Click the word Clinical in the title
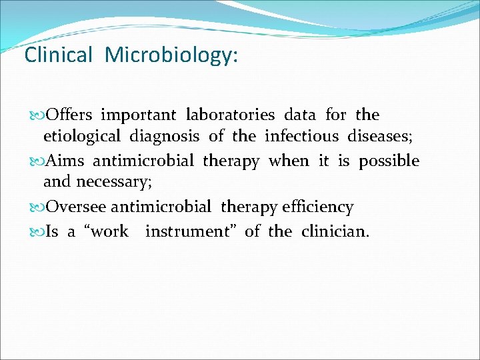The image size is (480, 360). pyautogui.click(x=58, y=55)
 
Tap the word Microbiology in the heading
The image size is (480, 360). pyautogui.click(x=171, y=55)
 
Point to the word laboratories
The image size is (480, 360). pyautogui.click(x=231, y=115)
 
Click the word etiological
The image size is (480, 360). pyautogui.click(x=82, y=137)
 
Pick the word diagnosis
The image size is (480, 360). pyautogui.click(x=164, y=137)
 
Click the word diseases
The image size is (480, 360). pyautogui.click(x=380, y=137)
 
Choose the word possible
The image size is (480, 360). pyautogui.click(x=389, y=161)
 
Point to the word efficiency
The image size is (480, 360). pyautogui.click(x=317, y=207)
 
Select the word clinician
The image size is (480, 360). pyautogui.click(x=335, y=231)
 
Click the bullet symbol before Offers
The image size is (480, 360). pyautogui.click(x=36, y=115)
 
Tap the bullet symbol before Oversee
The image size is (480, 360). pyautogui.click(x=36, y=207)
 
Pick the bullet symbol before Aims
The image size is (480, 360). pyautogui.click(x=36, y=161)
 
